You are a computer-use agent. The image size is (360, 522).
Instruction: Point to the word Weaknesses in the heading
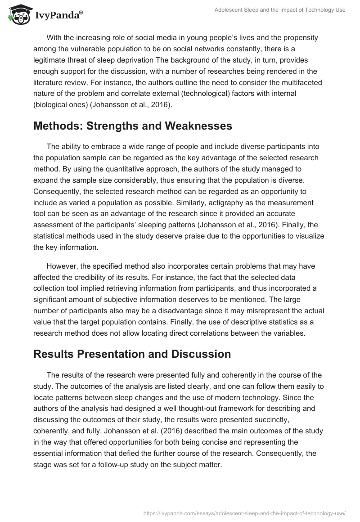pos(198,126)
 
